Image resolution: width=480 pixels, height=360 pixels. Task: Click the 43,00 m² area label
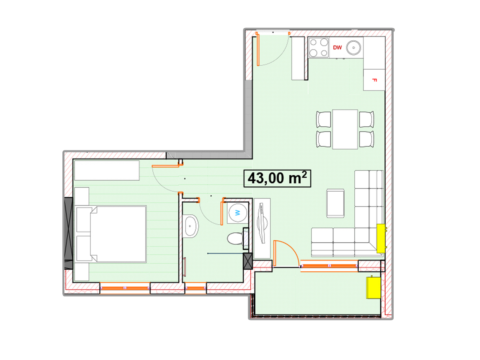(x=277, y=178)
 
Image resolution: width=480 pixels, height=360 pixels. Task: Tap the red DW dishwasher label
(x=337, y=48)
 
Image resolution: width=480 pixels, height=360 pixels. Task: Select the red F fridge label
(x=374, y=80)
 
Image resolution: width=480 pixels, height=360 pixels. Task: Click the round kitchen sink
(x=353, y=48)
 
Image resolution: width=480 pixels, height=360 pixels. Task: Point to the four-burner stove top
(x=319, y=48)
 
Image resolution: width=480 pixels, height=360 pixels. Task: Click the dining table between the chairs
(x=345, y=129)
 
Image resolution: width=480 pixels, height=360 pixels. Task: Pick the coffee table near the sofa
(x=335, y=203)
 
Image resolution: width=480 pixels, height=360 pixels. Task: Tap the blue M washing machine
(x=238, y=212)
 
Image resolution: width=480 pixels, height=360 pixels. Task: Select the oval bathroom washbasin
(x=190, y=226)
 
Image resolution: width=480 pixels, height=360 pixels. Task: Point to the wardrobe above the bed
(x=107, y=170)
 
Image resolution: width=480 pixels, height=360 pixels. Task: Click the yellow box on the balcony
(x=373, y=288)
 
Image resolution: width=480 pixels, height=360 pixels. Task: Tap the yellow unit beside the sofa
(x=380, y=238)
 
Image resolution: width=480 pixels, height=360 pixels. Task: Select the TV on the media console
(x=262, y=223)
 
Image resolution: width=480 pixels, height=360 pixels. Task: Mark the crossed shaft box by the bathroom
(x=248, y=261)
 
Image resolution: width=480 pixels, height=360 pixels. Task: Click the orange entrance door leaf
(x=258, y=49)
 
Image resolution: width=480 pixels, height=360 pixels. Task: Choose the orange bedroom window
(x=125, y=288)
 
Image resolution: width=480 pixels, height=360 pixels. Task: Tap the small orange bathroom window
(x=196, y=288)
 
